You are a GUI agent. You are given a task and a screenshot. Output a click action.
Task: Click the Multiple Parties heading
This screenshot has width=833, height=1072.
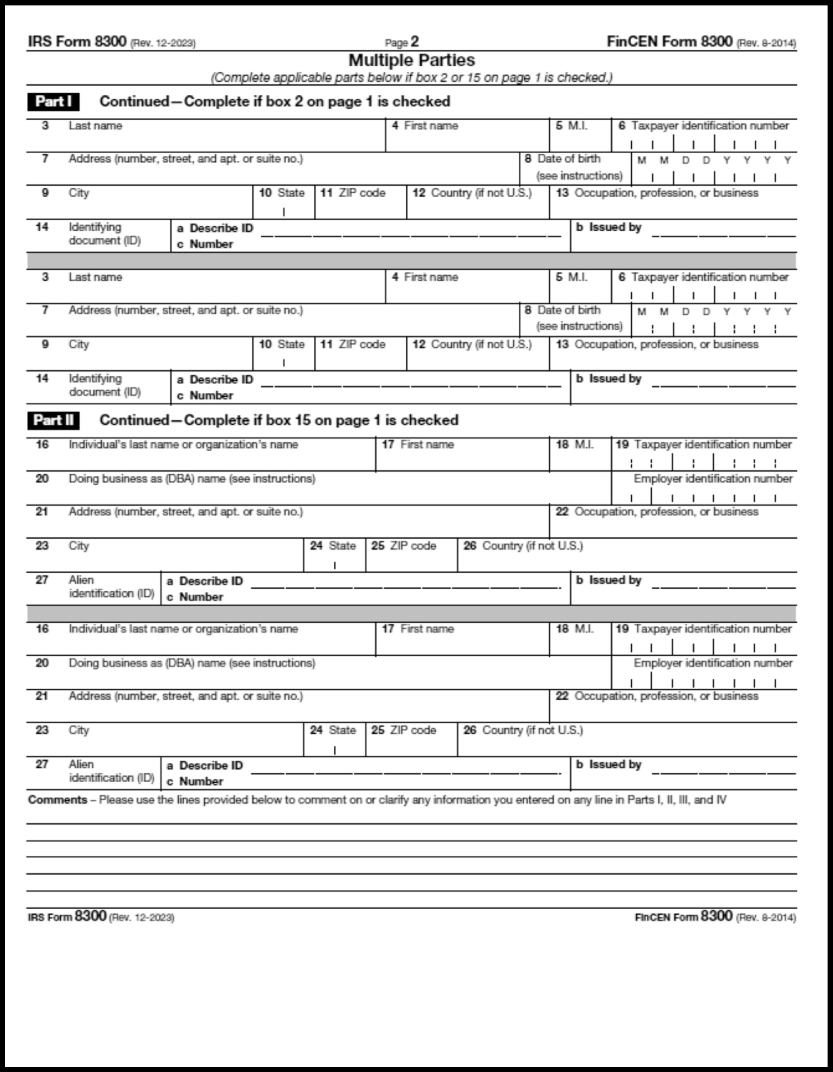click(411, 60)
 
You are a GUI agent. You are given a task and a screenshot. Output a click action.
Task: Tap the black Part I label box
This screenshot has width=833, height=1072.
click(53, 102)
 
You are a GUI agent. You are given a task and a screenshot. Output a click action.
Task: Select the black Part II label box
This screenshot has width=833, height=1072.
click(53, 420)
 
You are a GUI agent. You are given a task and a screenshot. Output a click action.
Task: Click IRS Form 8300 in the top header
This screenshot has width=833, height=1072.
click(77, 42)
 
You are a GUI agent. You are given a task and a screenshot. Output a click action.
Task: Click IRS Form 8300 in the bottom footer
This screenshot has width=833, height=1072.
click(67, 916)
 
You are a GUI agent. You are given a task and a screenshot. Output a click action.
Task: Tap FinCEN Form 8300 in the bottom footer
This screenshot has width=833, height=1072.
click(683, 916)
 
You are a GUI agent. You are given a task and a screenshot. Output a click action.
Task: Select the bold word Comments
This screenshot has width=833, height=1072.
click(58, 799)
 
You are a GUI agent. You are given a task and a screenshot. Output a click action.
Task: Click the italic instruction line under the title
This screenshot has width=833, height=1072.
click(411, 78)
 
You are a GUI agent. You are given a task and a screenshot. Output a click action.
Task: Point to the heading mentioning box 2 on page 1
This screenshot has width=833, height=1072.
click(274, 102)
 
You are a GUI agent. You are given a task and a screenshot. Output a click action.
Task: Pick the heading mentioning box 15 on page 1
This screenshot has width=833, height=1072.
click(279, 420)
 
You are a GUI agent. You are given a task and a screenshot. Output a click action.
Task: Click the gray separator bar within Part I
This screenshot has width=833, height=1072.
click(411, 261)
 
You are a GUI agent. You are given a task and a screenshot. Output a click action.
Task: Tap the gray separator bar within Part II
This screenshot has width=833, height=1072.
click(411, 614)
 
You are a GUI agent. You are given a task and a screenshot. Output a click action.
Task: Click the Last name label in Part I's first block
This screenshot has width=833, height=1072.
click(95, 126)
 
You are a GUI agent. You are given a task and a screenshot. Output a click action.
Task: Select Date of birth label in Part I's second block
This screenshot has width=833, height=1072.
click(569, 310)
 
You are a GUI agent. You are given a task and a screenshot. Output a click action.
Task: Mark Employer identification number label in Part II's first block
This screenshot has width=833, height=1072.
click(712, 478)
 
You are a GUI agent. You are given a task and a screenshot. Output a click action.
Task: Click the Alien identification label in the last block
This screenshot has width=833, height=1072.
click(111, 771)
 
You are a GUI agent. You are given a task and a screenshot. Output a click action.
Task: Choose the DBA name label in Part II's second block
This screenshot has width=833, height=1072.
click(191, 663)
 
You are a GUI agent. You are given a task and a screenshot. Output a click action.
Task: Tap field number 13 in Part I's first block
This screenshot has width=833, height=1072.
click(561, 193)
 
